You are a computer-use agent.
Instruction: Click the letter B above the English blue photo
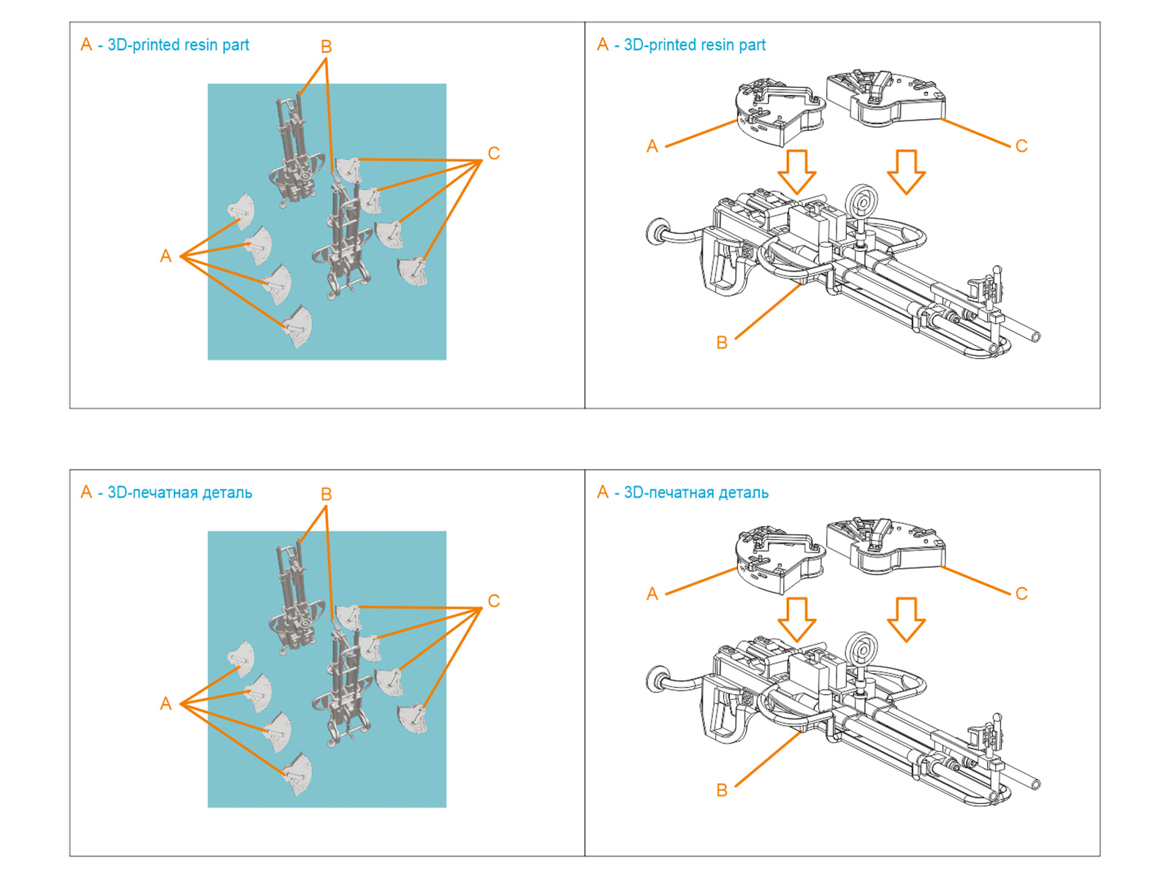[326, 47]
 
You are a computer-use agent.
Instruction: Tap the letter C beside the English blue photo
[494, 153]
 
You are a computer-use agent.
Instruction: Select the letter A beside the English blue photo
[166, 257]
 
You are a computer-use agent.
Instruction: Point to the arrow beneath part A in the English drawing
[796, 171]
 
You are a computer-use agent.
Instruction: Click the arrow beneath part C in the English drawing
[906, 171]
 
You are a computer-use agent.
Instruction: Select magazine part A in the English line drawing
[779, 113]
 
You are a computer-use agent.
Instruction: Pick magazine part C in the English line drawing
[886, 98]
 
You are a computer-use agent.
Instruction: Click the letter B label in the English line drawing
[722, 343]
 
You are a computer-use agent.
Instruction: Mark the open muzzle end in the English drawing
[1035, 336]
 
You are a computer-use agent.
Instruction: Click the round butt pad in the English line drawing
[656, 231]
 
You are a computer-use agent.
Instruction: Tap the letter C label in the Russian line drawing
[1021, 594]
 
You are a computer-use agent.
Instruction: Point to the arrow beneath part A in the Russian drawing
[796, 618]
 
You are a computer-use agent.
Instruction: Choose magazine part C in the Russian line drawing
[886, 545]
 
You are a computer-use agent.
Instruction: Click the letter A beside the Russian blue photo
[166, 704]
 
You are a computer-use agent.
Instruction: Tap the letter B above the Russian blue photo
[326, 495]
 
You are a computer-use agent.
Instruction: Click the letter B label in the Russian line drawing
[722, 790]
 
